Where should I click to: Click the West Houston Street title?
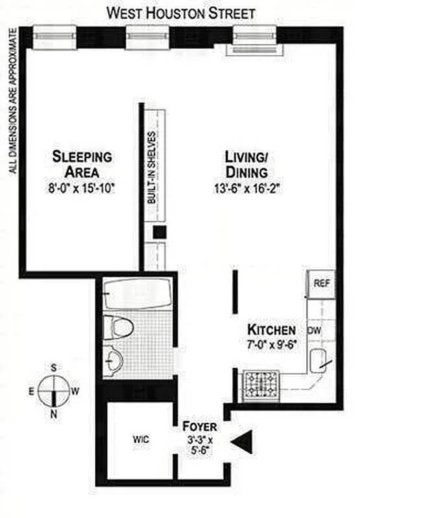(180, 13)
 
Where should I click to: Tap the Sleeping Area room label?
(82, 164)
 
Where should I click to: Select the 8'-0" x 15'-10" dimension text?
(82, 188)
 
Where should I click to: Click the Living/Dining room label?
(246, 164)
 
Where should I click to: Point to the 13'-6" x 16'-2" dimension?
(247, 188)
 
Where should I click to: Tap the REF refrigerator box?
(321, 284)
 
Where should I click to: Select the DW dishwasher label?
(315, 331)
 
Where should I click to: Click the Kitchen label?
(271, 330)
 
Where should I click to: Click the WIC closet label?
(141, 440)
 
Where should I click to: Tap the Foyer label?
(199, 427)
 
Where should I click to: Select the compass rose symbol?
(53, 390)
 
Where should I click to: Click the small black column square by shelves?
(160, 233)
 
